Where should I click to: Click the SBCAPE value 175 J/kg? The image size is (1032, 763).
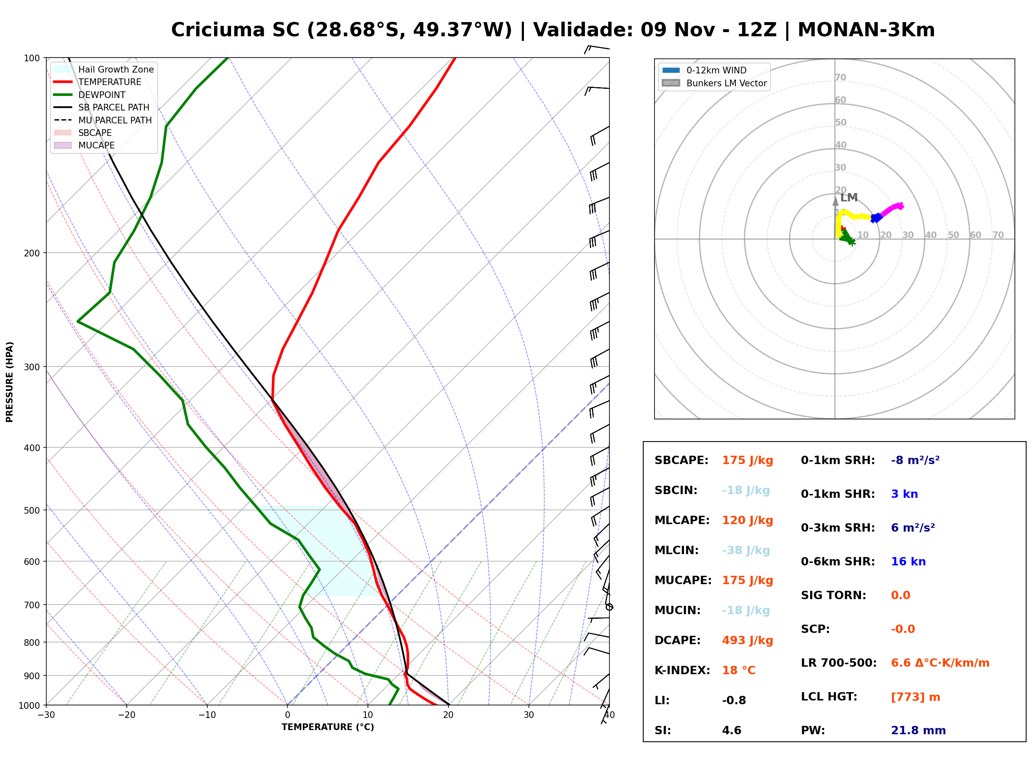(748, 460)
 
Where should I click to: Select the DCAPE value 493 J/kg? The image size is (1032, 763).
(748, 640)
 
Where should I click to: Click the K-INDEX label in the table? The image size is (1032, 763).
(682, 670)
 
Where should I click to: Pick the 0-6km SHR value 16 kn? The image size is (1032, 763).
(908, 562)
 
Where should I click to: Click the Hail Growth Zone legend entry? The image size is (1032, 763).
(104, 69)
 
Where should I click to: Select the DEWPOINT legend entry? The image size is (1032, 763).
(90, 95)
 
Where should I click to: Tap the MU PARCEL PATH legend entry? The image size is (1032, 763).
(103, 120)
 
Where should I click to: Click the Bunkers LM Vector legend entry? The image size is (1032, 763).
(714, 83)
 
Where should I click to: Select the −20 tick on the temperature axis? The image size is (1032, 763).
(126, 715)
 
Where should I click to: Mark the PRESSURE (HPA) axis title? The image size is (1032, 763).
(9, 381)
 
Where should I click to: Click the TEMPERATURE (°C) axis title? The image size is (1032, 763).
(327, 727)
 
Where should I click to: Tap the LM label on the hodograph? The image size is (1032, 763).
(848, 198)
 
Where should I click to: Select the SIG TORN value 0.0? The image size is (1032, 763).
(900, 595)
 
